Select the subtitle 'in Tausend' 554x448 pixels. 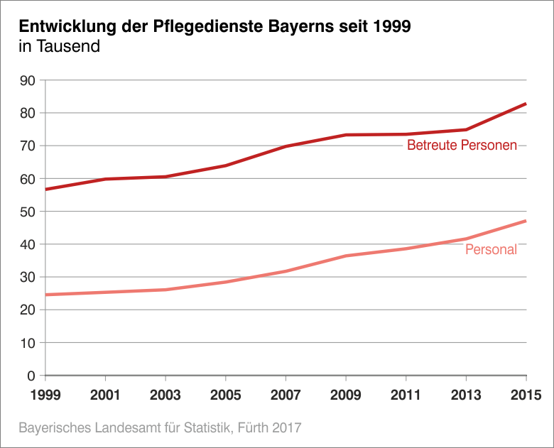point(59,48)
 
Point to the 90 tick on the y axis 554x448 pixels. point(28,80)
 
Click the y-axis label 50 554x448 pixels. point(28,212)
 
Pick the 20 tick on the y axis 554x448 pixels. point(28,310)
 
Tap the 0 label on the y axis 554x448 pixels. point(31,376)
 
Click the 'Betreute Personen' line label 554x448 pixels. point(462,146)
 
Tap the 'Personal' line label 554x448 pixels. point(491,250)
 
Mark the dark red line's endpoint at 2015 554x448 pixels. point(526,104)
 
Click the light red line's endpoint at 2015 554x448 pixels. point(526,221)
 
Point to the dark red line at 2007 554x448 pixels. point(285,146)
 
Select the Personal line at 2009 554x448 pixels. point(345,256)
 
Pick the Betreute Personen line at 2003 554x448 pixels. point(165,177)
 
